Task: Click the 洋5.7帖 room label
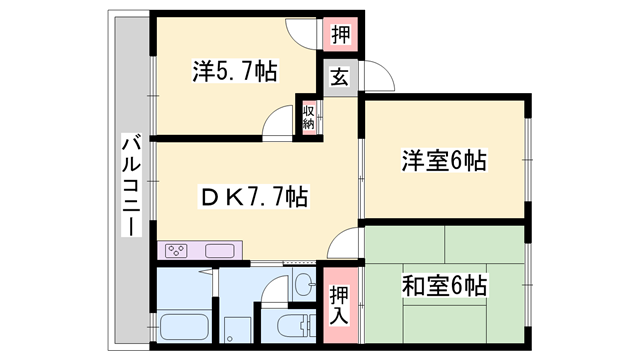[x=235, y=71]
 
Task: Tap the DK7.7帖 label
[x=253, y=196]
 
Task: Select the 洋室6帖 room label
[x=444, y=160]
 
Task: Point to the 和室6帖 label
[x=444, y=285]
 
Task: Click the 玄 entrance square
[x=340, y=78]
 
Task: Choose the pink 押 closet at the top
[x=340, y=34]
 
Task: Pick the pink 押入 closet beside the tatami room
[x=340, y=305]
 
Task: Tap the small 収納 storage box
[x=309, y=118]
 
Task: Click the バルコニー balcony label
[x=131, y=185]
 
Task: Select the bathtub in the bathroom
[x=183, y=327]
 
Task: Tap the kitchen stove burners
[x=176, y=250]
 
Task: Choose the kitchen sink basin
[x=220, y=250]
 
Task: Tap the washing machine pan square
[x=236, y=330]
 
